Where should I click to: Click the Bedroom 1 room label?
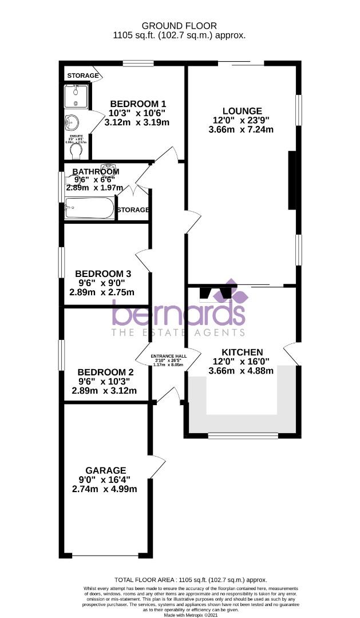tap(138, 104)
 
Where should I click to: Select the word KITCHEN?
tap(242, 352)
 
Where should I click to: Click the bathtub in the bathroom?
tap(89, 208)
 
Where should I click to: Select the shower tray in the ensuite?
tap(76, 96)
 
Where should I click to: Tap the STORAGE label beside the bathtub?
tap(133, 210)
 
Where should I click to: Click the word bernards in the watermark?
tap(179, 313)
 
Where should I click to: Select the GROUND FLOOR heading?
tap(179, 26)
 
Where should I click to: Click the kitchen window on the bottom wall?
tap(243, 436)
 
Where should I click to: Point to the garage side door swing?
tap(156, 467)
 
